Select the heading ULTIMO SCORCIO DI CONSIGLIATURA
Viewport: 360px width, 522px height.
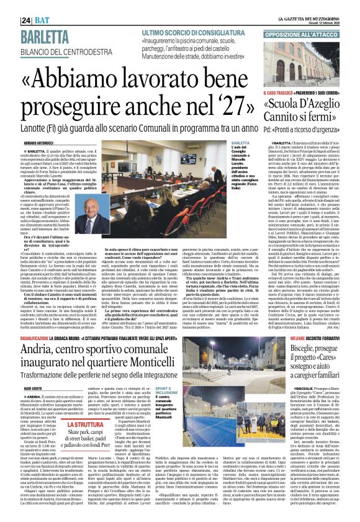coord(184,31)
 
